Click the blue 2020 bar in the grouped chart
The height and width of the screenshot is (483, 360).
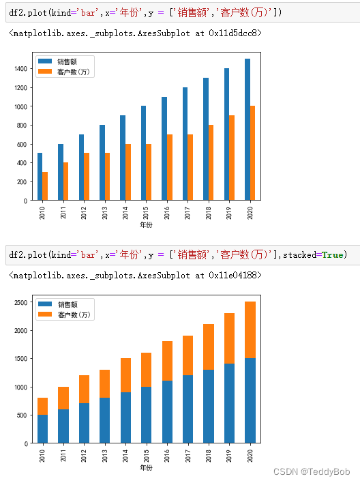click(x=247, y=130)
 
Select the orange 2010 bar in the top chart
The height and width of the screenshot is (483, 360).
click(x=45, y=186)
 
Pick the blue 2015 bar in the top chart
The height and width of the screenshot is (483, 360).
click(x=144, y=153)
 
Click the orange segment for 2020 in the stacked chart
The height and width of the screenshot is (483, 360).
click(x=250, y=330)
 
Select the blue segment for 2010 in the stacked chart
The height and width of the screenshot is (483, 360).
click(x=42, y=428)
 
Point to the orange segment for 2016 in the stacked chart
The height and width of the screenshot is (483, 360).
click(x=167, y=361)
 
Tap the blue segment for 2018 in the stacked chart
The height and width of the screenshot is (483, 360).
click(x=209, y=406)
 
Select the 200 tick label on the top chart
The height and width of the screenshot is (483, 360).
click(x=21, y=182)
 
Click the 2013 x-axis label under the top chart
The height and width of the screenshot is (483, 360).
click(x=104, y=211)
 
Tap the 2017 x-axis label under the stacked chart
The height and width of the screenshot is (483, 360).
click(x=187, y=454)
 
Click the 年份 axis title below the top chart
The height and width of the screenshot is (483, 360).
click(x=146, y=224)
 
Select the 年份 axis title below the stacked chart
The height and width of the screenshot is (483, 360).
click(x=146, y=468)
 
